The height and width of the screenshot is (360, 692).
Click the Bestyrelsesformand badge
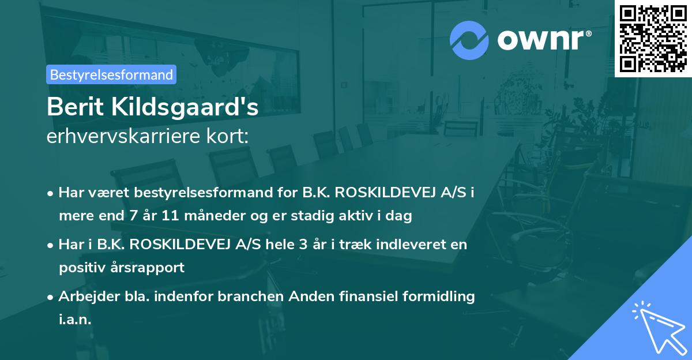[111, 74]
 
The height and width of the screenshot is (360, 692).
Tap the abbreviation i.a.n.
[75, 320]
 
